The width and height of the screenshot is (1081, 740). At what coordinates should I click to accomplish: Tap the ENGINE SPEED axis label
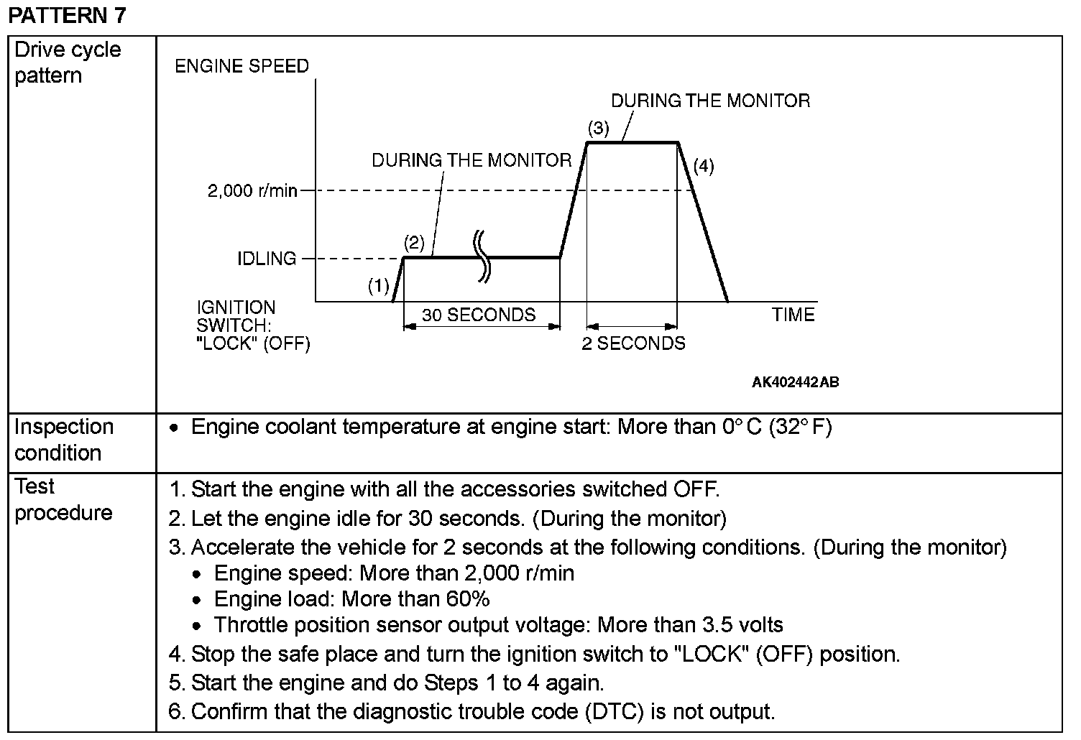242,66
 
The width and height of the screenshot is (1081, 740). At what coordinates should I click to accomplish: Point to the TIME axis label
793,315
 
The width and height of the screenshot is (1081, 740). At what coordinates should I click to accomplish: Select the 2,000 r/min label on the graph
252,191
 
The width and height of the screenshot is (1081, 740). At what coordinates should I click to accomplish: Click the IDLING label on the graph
267,259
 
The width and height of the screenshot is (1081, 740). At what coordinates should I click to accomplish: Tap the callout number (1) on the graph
379,287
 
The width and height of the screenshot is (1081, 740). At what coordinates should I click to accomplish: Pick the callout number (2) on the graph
415,242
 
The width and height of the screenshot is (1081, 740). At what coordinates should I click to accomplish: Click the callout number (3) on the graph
598,129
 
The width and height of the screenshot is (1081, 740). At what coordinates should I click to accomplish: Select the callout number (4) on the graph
704,167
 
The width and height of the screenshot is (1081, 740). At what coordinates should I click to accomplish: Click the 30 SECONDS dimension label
479,315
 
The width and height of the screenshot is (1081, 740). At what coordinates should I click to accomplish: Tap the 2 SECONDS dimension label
633,343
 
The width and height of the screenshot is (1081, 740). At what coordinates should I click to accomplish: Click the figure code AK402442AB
795,382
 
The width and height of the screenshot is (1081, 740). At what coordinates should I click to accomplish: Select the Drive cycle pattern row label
68,63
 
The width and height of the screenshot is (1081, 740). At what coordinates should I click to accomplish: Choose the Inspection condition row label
64,440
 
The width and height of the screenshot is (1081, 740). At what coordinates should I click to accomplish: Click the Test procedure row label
63,499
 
